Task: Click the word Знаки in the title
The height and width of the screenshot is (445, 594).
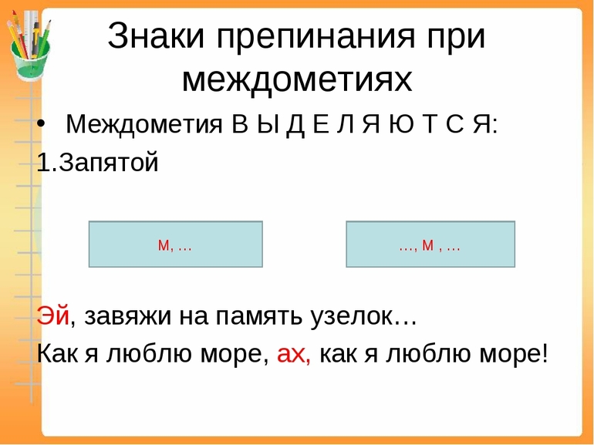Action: (x=156, y=35)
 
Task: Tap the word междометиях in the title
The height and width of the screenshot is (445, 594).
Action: (x=297, y=80)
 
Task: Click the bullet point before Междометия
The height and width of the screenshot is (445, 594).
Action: (x=41, y=124)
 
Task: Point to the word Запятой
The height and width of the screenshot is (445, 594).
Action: (x=108, y=164)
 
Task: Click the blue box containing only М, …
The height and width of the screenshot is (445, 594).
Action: (x=175, y=244)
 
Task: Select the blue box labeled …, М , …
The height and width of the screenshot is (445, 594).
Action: (x=430, y=244)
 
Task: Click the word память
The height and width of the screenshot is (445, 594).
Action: (x=259, y=318)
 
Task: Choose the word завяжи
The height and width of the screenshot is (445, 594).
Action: (x=127, y=318)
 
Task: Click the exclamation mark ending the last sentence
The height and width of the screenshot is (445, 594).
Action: (x=545, y=353)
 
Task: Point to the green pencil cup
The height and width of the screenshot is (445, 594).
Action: (x=30, y=60)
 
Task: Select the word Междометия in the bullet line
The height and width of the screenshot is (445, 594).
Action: (x=144, y=124)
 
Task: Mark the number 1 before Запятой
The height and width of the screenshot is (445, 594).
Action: (x=43, y=163)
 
